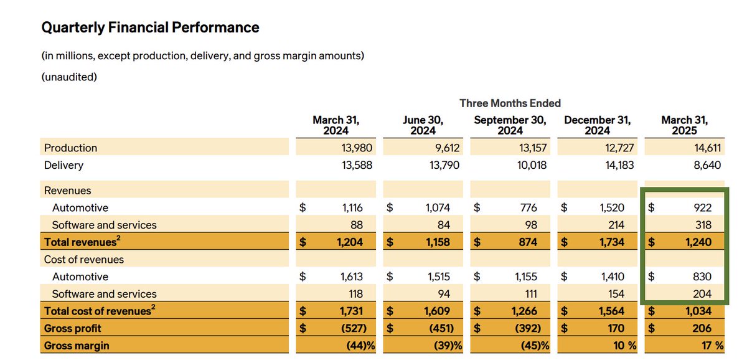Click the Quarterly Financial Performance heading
pyautogui.click(x=150, y=27)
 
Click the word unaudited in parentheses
pyautogui.click(x=69, y=77)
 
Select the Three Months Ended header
pyautogui.click(x=510, y=103)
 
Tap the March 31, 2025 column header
pyautogui.click(x=684, y=125)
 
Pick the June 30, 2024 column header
pyautogui.click(x=423, y=125)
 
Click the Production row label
pyautogui.click(x=70, y=148)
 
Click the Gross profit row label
pyautogui.click(x=72, y=328)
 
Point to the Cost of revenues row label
pyautogui.click(x=83, y=259)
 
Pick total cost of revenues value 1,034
pyautogui.click(x=709, y=311)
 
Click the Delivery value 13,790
pyautogui.click(x=435, y=165)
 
